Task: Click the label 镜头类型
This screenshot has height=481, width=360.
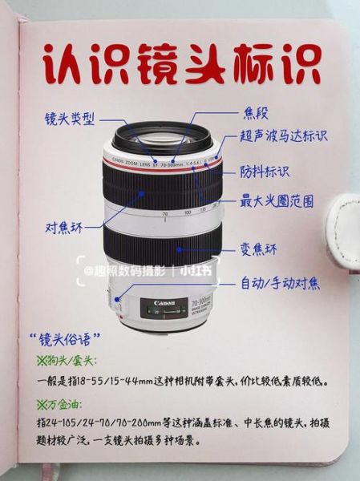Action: (69, 119)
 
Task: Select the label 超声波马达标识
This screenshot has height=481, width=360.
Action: (283, 136)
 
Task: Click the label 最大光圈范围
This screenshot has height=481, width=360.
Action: (276, 200)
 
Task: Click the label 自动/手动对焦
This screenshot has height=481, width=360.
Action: (280, 283)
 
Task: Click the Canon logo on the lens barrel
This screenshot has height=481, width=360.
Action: (164, 304)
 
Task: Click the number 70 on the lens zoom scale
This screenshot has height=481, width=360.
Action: (165, 214)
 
